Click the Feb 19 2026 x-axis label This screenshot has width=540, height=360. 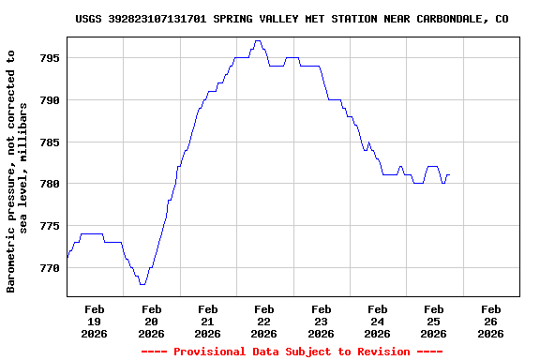(x=95, y=321)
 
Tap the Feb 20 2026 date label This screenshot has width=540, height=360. (x=151, y=321)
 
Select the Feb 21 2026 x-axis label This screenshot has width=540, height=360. (x=207, y=321)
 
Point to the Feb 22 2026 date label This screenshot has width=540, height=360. (x=264, y=321)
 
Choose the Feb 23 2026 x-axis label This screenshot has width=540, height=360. (x=321, y=321)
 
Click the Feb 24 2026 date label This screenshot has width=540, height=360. (x=377, y=321)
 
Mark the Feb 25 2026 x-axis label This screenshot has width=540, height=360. (x=433, y=321)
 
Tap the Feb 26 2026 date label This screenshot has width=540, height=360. (x=490, y=321)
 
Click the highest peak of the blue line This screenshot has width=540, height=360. (x=258, y=41)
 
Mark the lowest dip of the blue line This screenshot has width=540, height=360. (x=142, y=283)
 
